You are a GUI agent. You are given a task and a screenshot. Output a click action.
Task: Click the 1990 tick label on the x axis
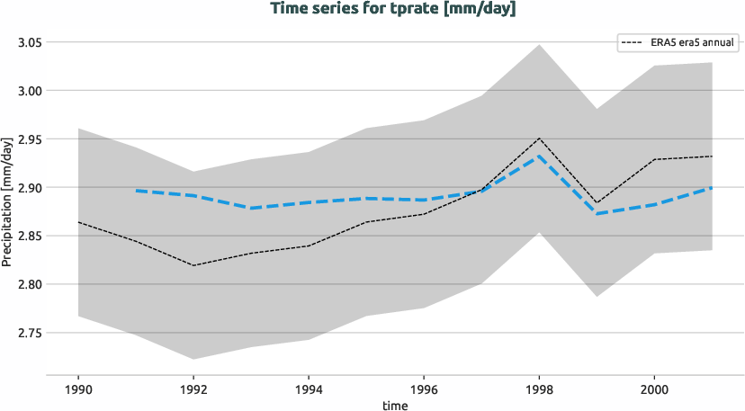pos(78,390)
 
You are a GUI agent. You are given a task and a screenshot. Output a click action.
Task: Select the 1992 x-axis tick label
pos(193,390)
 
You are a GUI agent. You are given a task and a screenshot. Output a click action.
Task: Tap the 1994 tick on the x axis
pos(309,390)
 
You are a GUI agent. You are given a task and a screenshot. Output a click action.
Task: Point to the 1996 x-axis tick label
pos(424,390)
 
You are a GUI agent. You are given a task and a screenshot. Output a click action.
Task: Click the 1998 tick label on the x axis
pos(539,390)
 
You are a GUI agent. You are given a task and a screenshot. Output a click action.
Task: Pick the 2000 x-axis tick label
pos(654,390)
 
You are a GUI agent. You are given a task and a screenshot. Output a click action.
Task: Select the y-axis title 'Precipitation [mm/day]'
pos(7,201)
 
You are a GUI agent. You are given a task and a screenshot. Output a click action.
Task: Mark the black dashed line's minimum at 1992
pos(193,265)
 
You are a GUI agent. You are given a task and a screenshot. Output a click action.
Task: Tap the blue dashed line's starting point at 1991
pos(136,191)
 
